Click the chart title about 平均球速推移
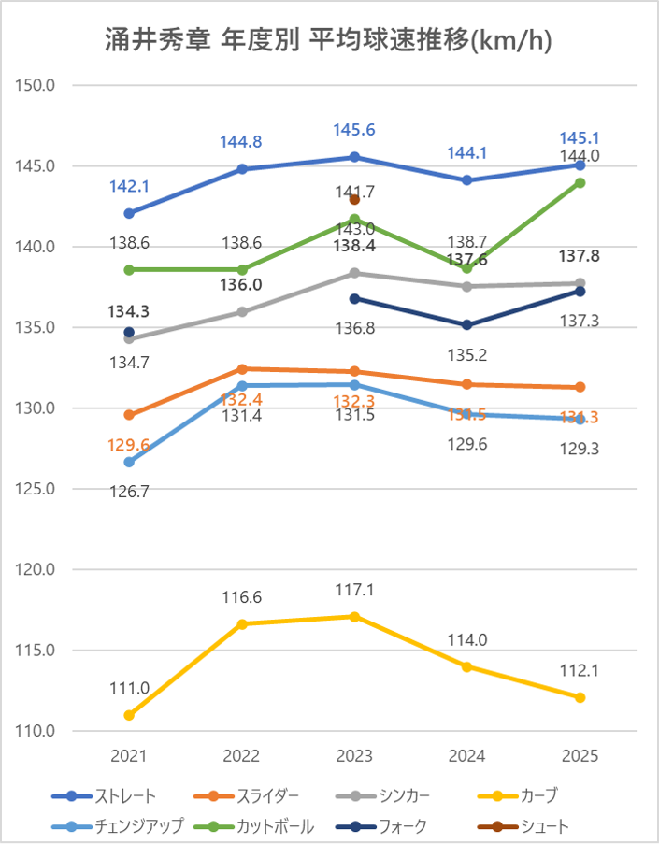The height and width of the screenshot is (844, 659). pos(329,39)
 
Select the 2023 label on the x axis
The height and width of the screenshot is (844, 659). pos(354,755)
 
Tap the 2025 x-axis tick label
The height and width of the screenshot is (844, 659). pos(580,755)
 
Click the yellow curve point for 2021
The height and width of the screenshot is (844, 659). pos(129,715)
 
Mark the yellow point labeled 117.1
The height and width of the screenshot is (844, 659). pos(354,617)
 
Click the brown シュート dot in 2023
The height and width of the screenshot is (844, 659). pos(354,200)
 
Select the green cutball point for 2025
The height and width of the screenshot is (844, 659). pos(580,183)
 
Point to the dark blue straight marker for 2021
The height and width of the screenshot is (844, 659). pos(129,213)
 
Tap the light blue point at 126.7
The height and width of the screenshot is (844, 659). pos(129,462)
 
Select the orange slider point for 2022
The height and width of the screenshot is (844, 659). pos(242,369)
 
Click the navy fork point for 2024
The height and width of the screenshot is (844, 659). pos(467,325)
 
